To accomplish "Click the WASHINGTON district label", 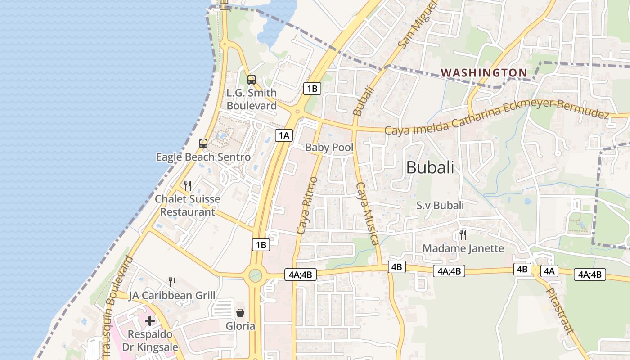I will (x=484, y=72).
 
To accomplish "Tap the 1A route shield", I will (x=284, y=135).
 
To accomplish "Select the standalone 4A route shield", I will (x=549, y=270).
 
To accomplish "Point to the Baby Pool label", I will (x=329, y=147).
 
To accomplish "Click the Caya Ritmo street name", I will (x=307, y=205).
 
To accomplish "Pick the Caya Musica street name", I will (x=367, y=214).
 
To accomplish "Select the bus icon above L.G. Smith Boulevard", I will (x=252, y=80).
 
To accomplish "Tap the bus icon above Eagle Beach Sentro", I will (x=203, y=144).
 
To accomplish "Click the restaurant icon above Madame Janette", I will (x=463, y=234).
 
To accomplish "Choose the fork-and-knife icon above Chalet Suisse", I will (x=188, y=185).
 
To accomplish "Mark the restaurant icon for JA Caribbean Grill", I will (x=172, y=282).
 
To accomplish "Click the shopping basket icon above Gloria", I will (x=240, y=313).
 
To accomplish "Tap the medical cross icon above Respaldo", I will (x=150, y=321).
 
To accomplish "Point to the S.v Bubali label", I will (x=440, y=206).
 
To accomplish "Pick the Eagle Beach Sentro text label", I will (x=203, y=157).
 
